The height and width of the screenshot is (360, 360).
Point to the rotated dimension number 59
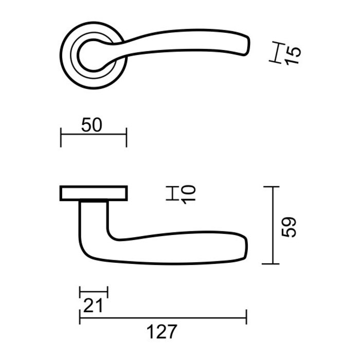(291, 226)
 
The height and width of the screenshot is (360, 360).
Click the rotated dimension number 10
(188, 193)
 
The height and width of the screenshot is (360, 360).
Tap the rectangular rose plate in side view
(93, 193)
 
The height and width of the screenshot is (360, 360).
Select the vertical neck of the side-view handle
(94, 221)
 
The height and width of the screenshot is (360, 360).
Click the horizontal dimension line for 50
(93, 135)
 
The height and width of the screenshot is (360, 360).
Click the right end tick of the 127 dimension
(247, 317)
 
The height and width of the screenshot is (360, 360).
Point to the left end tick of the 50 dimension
(61, 135)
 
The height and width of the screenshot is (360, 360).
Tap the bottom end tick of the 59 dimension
(271, 263)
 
